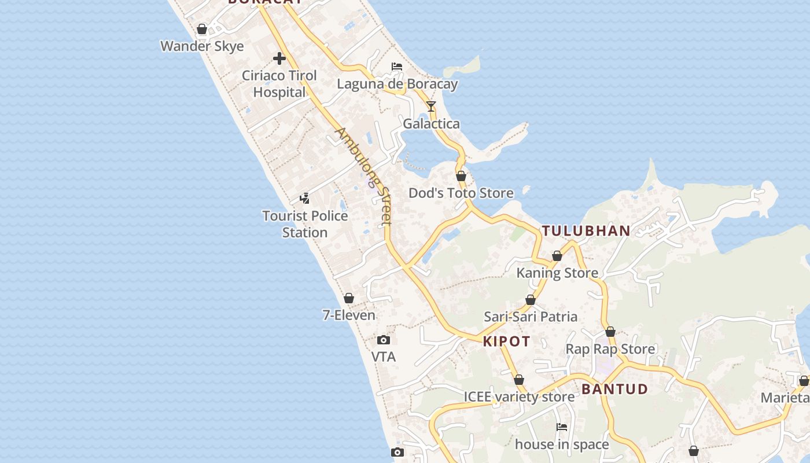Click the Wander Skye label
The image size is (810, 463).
tap(202, 46)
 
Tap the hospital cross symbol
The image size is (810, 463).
tap(279, 58)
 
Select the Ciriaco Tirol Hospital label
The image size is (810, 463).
tap(279, 84)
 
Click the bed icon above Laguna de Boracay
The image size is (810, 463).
tap(397, 67)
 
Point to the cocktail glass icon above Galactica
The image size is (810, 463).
tap(431, 106)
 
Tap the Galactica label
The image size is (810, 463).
tap(431, 124)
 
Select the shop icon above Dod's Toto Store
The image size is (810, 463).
tap(461, 176)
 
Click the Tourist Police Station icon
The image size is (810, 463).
tap(304, 199)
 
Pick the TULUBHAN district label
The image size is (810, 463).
tap(586, 231)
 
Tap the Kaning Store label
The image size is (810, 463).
tap(557, 273)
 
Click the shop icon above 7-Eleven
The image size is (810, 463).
tap(349, 298)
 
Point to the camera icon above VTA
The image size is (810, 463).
tap(383, 340)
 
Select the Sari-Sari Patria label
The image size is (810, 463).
tap(531, 317)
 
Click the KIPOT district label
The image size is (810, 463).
tap(507, 341)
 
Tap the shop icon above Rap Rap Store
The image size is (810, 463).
tap(610, 332)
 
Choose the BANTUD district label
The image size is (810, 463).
tap(614, 389)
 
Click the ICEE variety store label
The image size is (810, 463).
tap(519, 397)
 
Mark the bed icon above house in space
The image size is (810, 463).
tap(562, 427)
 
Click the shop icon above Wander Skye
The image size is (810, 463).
tap(202, 29)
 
